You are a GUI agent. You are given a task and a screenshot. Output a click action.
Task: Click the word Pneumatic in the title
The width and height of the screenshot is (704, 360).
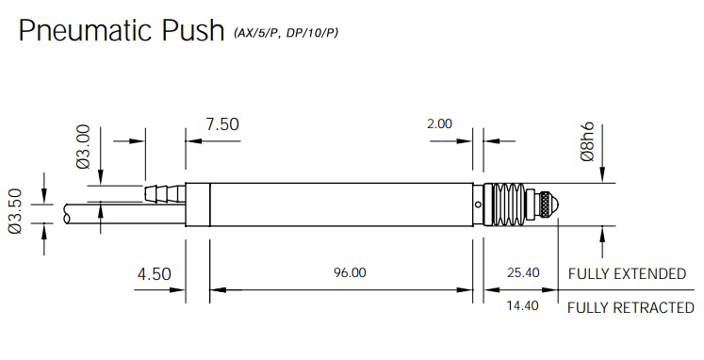tap(86, 30)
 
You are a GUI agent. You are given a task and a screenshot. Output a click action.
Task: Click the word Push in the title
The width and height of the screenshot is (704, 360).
tap(192, 30)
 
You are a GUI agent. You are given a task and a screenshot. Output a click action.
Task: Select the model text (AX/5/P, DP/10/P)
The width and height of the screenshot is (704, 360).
tap(286, 33)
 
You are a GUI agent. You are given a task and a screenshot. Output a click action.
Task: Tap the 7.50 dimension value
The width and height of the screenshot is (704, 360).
tap(222, 124)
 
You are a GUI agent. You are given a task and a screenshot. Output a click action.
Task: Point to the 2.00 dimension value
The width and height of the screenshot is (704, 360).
tap(439, 123)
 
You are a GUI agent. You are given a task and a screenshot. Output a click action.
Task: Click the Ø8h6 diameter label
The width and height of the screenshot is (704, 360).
tap(587, 141)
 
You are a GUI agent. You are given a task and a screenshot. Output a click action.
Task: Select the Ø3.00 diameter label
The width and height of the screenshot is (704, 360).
tap(84, 146)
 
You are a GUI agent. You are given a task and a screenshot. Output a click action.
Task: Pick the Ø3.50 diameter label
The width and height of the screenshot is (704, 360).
tap(15, 211)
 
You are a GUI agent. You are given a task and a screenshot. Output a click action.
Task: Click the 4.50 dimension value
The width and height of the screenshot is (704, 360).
tap(154, 274)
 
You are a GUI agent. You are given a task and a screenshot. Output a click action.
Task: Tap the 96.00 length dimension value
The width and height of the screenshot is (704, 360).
tap(350, 272)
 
